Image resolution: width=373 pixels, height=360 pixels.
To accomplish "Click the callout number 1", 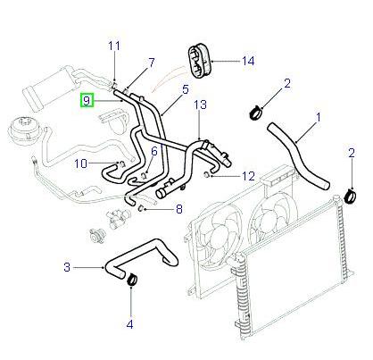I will point(318,116).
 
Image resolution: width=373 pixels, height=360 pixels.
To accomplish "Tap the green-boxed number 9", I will point(87,102).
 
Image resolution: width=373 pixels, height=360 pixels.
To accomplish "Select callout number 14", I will point(248,61).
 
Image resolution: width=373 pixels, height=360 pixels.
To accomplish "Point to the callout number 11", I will point(113,46).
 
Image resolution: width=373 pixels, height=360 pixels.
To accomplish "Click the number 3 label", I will point(67,266).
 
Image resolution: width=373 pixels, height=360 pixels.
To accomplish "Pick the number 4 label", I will point(129,323).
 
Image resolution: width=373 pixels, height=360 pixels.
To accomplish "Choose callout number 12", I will point(249,175).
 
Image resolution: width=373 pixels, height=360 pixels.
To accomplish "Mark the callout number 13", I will point(201,105).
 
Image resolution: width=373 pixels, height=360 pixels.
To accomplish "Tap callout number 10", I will point(79,163).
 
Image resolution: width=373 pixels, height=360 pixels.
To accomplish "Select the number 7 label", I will point(151,63).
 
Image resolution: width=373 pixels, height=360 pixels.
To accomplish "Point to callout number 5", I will point(186,89).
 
